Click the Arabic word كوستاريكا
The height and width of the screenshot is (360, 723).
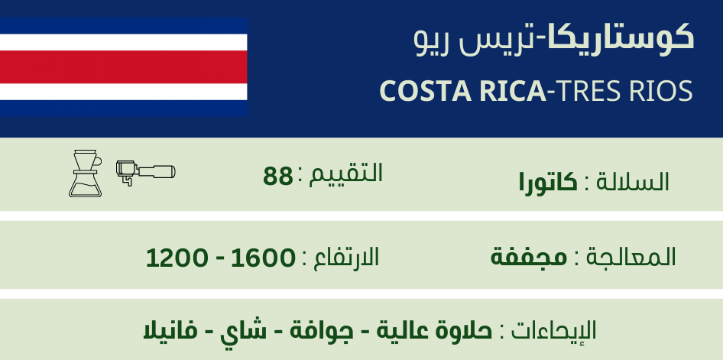[x=621, y=38]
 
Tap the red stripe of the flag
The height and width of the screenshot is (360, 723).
[x=123, y=66]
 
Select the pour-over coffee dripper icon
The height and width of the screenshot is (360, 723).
[x=86, y=174]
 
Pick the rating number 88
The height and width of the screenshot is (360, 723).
[x=277, y=177]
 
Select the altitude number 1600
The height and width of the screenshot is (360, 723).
[x=262, y=258]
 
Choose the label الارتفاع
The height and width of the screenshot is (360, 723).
[x=345, y=256]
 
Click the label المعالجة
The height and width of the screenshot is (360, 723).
[x=631, y=257]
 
